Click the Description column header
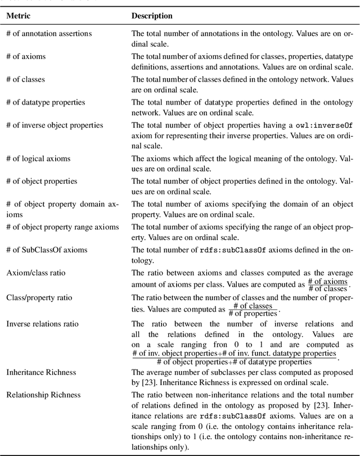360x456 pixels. [152, 16]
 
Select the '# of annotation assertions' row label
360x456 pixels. [48, 33]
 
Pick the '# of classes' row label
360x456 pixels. [26, 79]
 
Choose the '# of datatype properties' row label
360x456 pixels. [46, 102]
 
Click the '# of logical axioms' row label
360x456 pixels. [38, 159]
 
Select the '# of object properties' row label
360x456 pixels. [42, 182]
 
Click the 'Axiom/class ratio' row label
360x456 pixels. [36, 273]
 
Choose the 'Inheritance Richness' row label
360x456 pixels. [41, 372]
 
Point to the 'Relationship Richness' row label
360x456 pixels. [43, 395]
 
